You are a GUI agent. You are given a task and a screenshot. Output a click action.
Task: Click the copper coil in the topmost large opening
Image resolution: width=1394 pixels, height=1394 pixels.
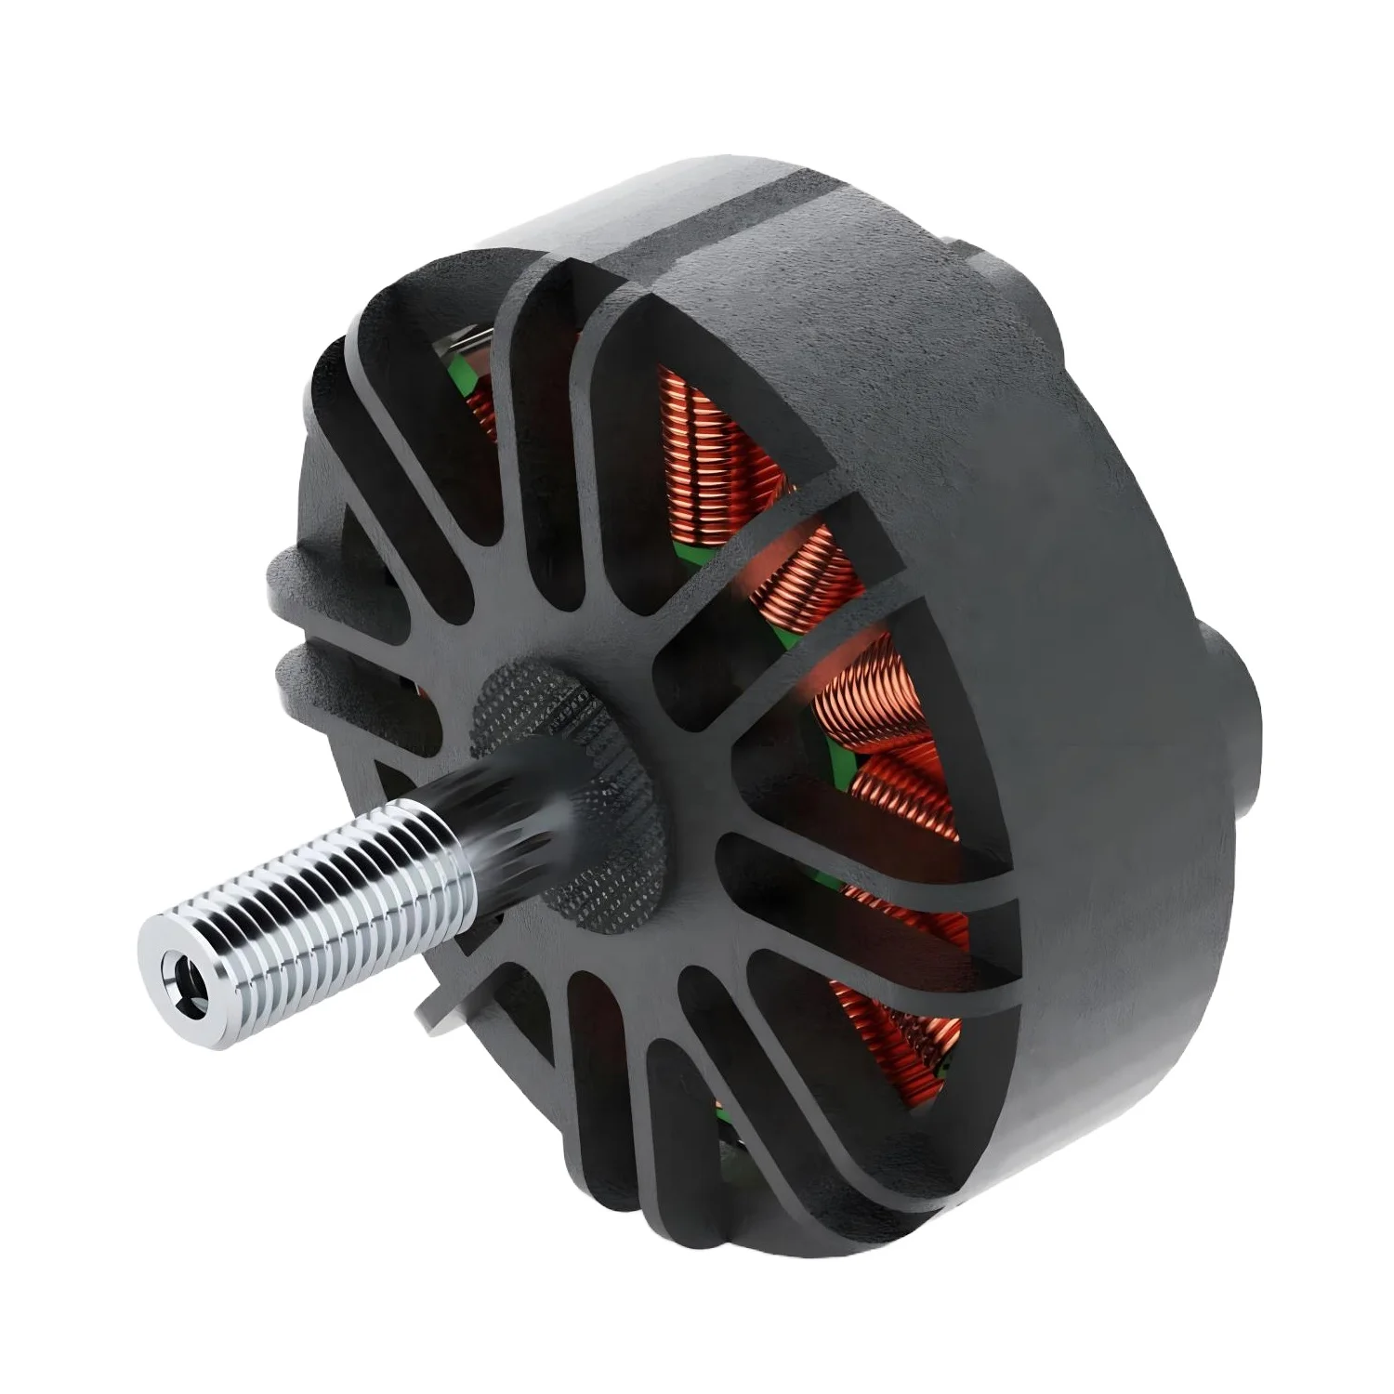coord(716,437)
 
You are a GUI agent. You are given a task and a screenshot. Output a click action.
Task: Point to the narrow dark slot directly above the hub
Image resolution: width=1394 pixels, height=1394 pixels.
coord(530,520)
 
